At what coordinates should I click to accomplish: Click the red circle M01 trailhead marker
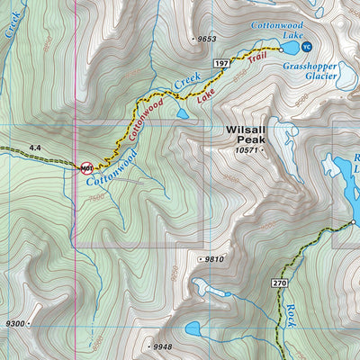coord(87,167)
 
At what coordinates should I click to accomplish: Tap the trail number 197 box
coord(220,65)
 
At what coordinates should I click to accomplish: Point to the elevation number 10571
coord(247,151)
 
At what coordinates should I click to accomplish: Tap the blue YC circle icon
coord(307,47)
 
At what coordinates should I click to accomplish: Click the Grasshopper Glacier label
coord(310,71)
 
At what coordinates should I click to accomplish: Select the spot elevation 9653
coord(206,39)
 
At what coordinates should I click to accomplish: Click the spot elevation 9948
coord(161,346)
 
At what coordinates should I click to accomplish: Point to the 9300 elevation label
coord(15,322)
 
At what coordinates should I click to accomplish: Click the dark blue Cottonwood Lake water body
coord(290,47)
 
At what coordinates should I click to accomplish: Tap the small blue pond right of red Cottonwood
coord(183,113)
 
